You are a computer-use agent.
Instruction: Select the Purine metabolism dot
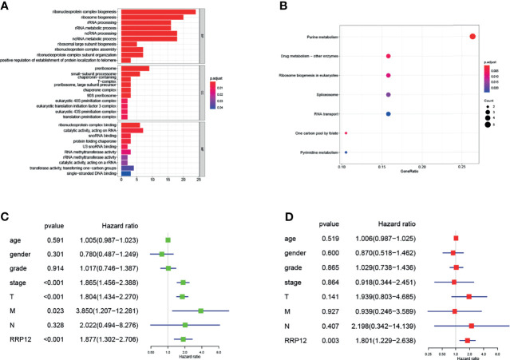coord(472,36)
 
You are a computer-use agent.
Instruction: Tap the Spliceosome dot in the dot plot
coord(388,95)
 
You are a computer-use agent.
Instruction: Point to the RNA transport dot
coord(388,114)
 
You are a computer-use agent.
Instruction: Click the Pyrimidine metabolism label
coord(314,152)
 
